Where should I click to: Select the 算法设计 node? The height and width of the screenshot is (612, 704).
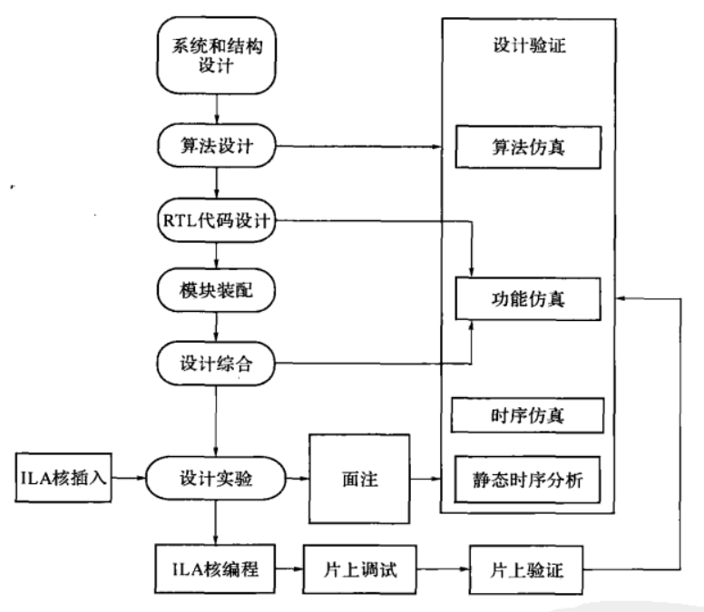pyautogui.click(x=216, y=146)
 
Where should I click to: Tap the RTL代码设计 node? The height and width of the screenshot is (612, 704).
pyautogui.click(x=216, y=221)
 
